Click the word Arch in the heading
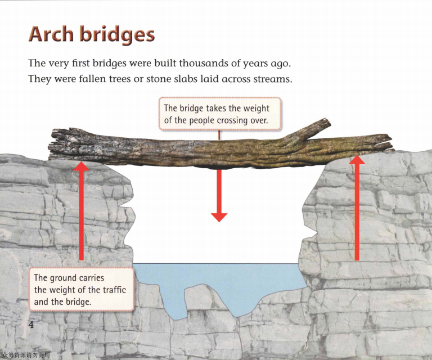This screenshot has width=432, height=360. click(52, 35)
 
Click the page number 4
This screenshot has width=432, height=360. click(31, 326)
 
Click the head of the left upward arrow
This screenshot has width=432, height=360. click(82, 166)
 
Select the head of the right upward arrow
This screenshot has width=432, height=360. click(357, 160)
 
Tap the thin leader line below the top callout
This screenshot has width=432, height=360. click(219, 136)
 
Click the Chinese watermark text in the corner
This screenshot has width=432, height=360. click(26, 355)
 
